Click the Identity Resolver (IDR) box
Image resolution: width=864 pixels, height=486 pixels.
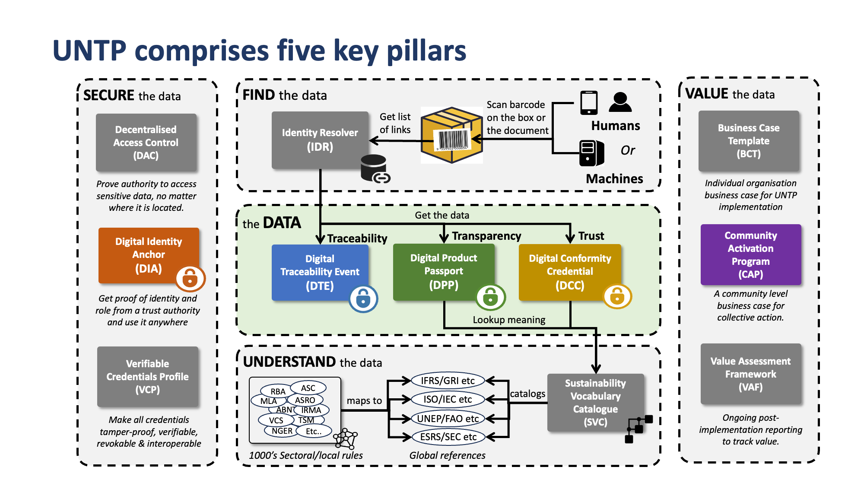coord(320,140)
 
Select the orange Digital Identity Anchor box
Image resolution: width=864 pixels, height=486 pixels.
coord(148,255)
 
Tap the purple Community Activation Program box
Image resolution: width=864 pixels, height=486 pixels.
coord(750,254)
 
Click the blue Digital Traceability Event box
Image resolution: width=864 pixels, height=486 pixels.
coord(320,272)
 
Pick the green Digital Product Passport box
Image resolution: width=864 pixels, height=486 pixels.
coord(443,271)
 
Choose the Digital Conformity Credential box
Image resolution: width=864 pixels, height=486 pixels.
coord(569,272)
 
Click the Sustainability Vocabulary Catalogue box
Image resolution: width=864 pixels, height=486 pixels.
coord(595,402)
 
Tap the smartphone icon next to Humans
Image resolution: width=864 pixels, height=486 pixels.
coord(588,103)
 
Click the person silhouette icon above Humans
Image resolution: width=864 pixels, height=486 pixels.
coord(620,102)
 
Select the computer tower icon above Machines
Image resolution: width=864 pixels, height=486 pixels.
coord(591,153)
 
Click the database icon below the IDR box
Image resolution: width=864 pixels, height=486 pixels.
coord(374,168)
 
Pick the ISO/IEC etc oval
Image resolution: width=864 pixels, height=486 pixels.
coord(448,399)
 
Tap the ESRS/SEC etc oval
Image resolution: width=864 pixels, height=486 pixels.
coord(448,437)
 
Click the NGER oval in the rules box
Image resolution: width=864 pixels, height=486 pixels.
coord(282,431)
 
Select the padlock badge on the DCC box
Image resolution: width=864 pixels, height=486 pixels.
coord(617,296)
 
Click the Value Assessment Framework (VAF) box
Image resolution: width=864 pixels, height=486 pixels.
coord(750,374)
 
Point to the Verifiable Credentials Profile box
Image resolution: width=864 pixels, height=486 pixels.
coord(147,376)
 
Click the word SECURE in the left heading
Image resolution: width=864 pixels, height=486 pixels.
coord(109,95)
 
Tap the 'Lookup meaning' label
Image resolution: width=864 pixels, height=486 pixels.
coord(508,320)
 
